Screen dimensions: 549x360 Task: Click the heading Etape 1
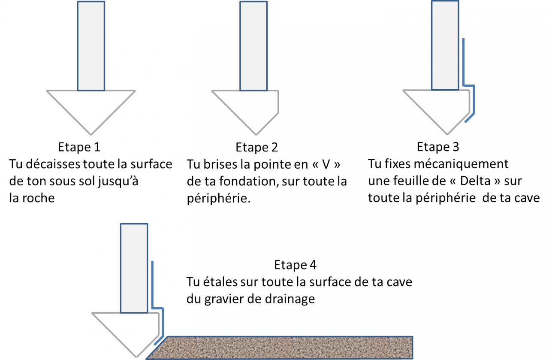(79, 147)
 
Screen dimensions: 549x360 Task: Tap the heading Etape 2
(256, 148)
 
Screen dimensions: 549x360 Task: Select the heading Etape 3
(437, 147)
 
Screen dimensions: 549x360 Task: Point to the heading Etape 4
(295, 265)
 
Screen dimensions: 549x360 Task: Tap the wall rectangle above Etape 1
(91, 45)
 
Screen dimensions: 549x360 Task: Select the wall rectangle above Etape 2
(253, 45)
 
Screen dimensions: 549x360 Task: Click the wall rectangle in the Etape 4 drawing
(134, 268)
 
